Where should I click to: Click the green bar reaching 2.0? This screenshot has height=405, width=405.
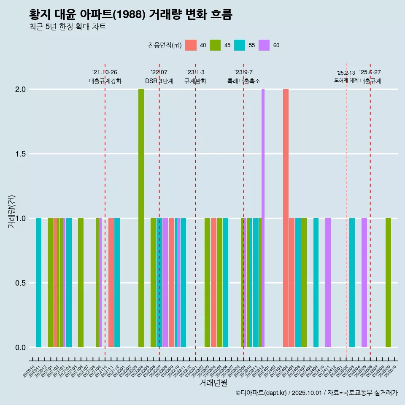[141, 218]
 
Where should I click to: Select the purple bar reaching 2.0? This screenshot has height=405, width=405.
[263, 218]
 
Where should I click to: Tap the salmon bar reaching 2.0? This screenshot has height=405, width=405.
[286, 218]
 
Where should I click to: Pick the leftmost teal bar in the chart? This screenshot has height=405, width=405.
[38, 283]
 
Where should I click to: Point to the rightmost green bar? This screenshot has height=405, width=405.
[388, 283]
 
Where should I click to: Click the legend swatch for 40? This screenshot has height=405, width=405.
[191, 45]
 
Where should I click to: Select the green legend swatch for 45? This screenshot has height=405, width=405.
[215, 45]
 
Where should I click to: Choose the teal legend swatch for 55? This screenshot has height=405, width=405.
[240, 45]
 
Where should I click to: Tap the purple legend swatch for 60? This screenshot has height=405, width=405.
[264, 45]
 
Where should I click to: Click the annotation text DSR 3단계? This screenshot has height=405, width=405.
[159, 81]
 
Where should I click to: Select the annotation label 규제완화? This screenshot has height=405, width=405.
[195, 81]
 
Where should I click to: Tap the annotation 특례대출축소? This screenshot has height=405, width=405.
[243, 81]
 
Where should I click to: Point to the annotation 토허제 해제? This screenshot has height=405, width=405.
[346, 80]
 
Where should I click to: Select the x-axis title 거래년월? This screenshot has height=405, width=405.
[213, 383]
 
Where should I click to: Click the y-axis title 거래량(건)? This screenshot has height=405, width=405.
[12, 211]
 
